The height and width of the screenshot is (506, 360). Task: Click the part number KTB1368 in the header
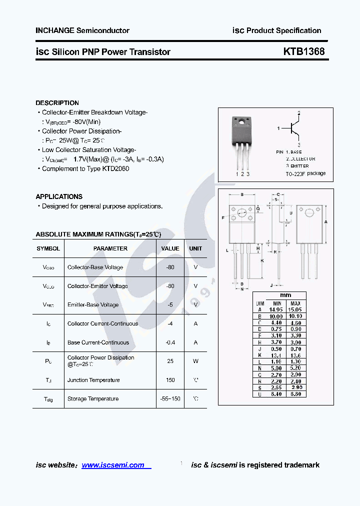(x=304, y=51)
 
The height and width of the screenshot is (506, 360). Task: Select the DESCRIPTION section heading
(x=57, y=103)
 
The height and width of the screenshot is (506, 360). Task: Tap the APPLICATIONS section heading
(x=59, y=196)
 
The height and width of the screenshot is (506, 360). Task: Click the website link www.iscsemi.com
(x=113, y=465)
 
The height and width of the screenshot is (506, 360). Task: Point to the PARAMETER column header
(x=110, y=248)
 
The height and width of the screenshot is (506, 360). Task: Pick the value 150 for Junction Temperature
(x=170, y=380)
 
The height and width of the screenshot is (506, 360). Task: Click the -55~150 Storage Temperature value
(x=170, y=398)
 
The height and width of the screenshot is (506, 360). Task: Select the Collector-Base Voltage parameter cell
(x=95, y=267)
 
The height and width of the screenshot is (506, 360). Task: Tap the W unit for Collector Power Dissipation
(x=195, y=361)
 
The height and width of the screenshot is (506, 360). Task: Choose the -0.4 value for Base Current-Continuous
(x=170, y=342)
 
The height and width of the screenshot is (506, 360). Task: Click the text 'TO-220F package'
(x=305, y=173)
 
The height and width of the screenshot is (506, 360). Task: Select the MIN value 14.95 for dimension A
(x=276, y=310)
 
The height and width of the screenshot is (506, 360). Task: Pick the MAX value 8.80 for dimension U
(x=295, y=394)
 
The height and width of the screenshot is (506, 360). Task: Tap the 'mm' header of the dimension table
(x=285, y=295)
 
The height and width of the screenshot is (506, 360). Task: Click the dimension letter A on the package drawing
(x=325, y=221)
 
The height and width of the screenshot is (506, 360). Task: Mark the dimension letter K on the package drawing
(x=262, y=260)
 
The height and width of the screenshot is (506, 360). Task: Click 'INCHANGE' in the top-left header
(x=54, y=30)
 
